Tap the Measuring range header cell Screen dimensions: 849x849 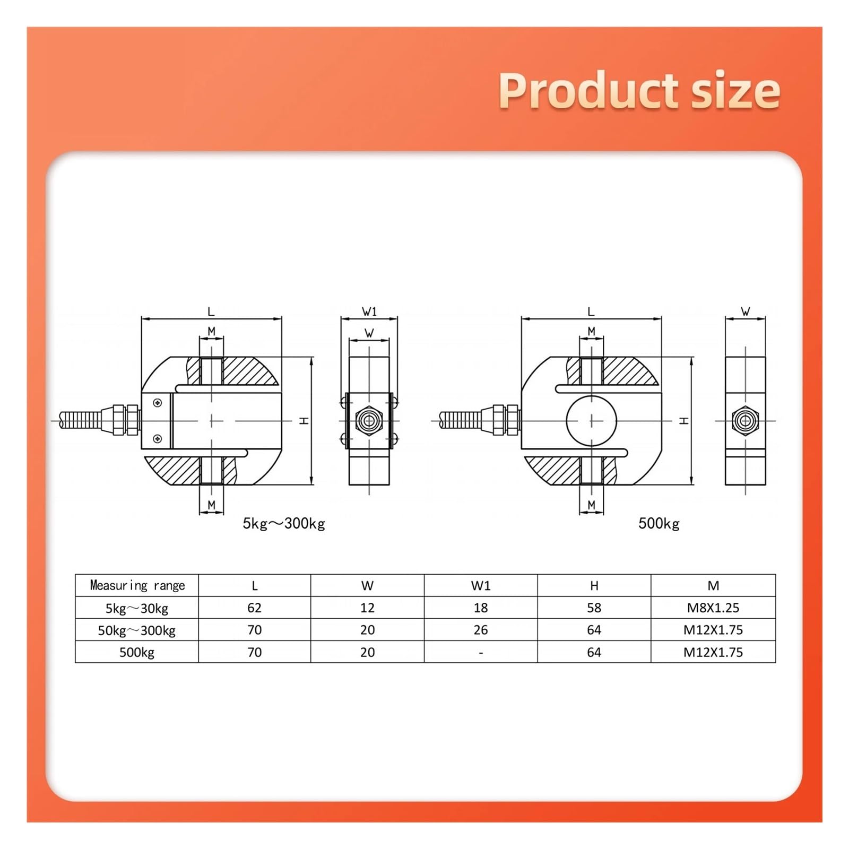click(137, 585)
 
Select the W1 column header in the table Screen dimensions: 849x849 click(481, 586)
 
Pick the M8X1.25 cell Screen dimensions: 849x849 click(713, 608)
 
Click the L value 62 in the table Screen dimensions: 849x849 click(255, 608)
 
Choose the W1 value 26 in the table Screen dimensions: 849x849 click(481, 630)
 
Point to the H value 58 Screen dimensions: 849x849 click(594, 608)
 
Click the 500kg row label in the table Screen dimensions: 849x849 click(137, 652)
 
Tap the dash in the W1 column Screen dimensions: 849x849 click(481, 653)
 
